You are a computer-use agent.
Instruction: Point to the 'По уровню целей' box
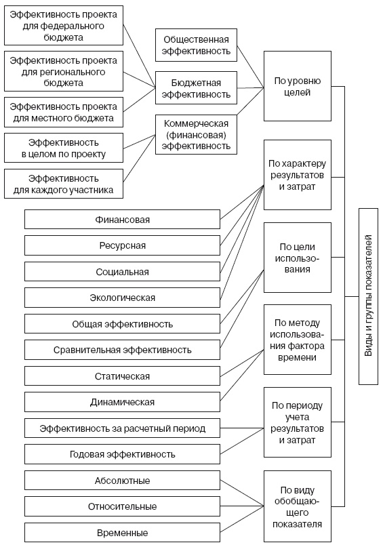pyautogui.click(x=297, y=87)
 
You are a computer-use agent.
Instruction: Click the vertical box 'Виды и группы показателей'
pyautogui.click(x=369, y=297)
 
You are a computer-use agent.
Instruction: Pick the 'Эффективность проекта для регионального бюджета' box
pyautogui.click(x=64, y=71)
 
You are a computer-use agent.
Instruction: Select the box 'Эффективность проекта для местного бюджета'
pyautogui.click(x=64, y=113)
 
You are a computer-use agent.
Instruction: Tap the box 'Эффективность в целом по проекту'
pyautogui.click(x=64, y=148)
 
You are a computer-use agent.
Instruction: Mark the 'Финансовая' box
pyautogui.click(x=122, y=220)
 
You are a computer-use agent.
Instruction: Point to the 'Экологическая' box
pyautogui.click(x=122, y=298)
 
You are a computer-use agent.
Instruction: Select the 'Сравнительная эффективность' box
pyautogui.click(x=122, y=350)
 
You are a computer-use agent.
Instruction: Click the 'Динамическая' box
pyautogui.click(x=122, y=402)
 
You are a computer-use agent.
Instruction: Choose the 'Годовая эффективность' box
pyautogui.click(x=122, y=454)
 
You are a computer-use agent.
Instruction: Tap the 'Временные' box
pyautogui.click(x=122, y=532)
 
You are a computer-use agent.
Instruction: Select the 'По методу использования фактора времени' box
pyautogui.click(x=297, y=340)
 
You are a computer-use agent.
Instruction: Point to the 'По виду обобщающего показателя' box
pyautogui.click(x=297, y=506)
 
